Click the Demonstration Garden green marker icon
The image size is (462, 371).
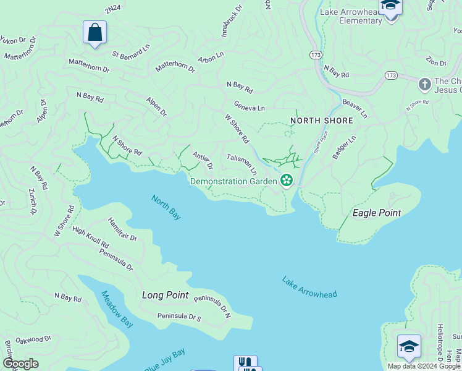[x=286, y=181]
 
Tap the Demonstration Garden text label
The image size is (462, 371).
[x=233, y=181]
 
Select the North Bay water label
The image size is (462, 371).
[x=166, y=207]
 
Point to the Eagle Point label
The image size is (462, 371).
[x=376, y=213]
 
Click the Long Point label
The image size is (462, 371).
[x=165, y=295]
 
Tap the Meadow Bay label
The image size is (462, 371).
[x=117, y=309]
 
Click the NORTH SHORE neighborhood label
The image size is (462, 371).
[x=322, y=121]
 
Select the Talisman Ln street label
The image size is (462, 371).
[x=241, y=164]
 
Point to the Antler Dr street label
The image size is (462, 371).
[x=203, y=161]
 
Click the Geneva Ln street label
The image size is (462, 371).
[x=249, y=106]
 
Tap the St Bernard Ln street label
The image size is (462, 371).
[x=131, y=49]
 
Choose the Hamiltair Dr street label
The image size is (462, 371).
[x=122, y=228]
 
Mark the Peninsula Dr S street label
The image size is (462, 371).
[x=179, y=317]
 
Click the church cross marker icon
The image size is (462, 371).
[x=424, y=83]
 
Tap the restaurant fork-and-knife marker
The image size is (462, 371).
[x=245, y=362]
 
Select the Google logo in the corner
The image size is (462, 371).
[x=21, y=364]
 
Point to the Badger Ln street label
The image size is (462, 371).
[x=344, y=148]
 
